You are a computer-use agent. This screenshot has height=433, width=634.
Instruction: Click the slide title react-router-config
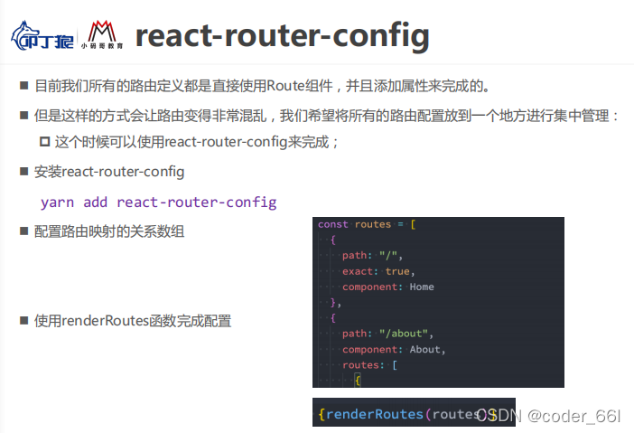click(x=282, y=35)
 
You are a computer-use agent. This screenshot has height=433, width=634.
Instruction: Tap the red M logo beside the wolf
click(x=100, y=35)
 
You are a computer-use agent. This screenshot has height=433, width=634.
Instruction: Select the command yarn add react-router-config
click(x=158, y=202)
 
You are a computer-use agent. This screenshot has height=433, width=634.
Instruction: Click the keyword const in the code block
click(x=333, y=224)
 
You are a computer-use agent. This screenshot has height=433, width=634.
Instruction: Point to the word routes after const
click(x=373, y=224)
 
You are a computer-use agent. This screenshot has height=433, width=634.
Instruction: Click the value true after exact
click(x=396, y=270)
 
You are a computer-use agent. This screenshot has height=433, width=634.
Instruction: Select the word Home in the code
click(x=422, y=287)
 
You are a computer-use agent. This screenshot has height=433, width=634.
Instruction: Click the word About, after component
click(x=427, y=349)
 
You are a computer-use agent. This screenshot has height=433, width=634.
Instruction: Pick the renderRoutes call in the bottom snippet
click(x=374, y=414)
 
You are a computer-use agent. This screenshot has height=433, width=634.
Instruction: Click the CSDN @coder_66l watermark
click(x=548, y=415)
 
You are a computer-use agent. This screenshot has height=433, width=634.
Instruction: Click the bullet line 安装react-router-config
click(x=109, y=172)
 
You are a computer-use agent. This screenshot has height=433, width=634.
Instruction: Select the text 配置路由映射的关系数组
click(x=109, y=231)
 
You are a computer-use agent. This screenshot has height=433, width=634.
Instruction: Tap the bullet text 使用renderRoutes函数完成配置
click(x=133, y=320)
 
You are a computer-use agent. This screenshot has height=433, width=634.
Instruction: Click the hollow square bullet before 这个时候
click(x=45, y=143)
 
